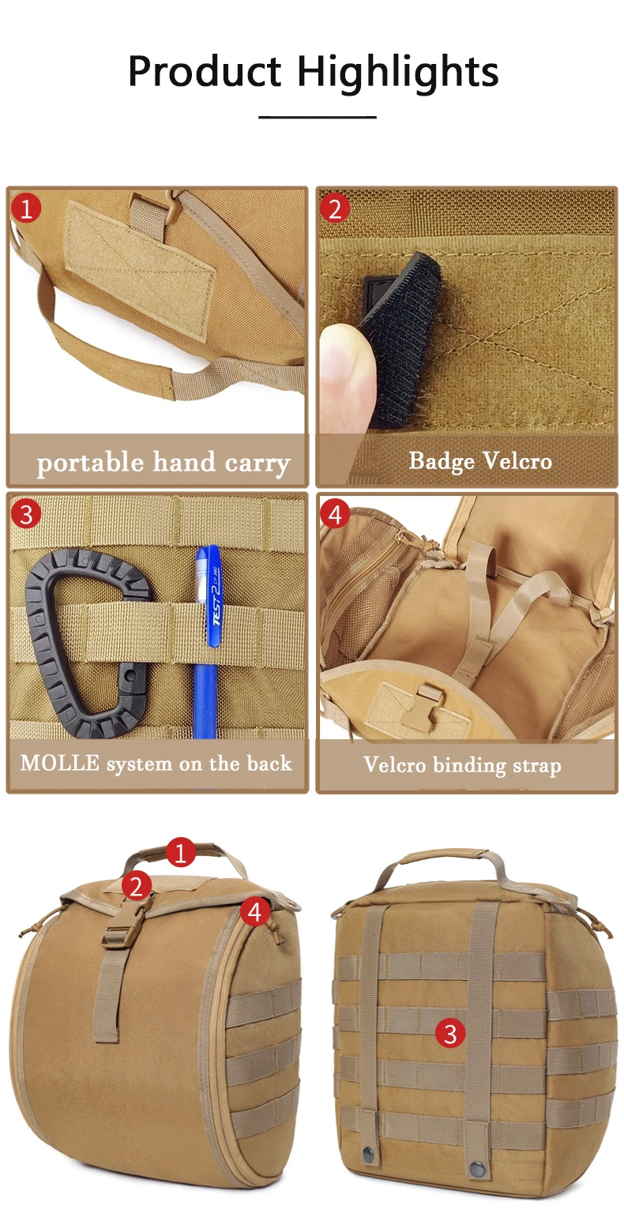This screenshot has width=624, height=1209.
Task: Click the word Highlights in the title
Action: [398, 73]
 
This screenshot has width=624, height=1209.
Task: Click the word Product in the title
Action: [205, 71]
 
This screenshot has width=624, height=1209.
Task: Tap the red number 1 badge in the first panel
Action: [26, 208]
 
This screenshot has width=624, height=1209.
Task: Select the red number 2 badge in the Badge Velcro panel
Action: [335, 208]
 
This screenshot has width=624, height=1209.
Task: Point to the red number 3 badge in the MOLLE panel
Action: [26, 513]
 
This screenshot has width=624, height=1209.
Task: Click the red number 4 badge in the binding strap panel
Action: [335, 514]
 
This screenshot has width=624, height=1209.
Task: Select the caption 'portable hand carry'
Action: [164, 463]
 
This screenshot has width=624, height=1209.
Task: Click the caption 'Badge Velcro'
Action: [480, 461]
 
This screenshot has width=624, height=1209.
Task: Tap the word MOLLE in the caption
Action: [60, 763]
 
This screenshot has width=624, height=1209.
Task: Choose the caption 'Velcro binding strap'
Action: [462, 765]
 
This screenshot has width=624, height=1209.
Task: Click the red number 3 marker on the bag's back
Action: [450, 1033]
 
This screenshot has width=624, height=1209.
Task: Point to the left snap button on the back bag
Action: [368, 1154]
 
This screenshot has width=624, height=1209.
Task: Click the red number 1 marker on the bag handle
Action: [181, 853]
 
